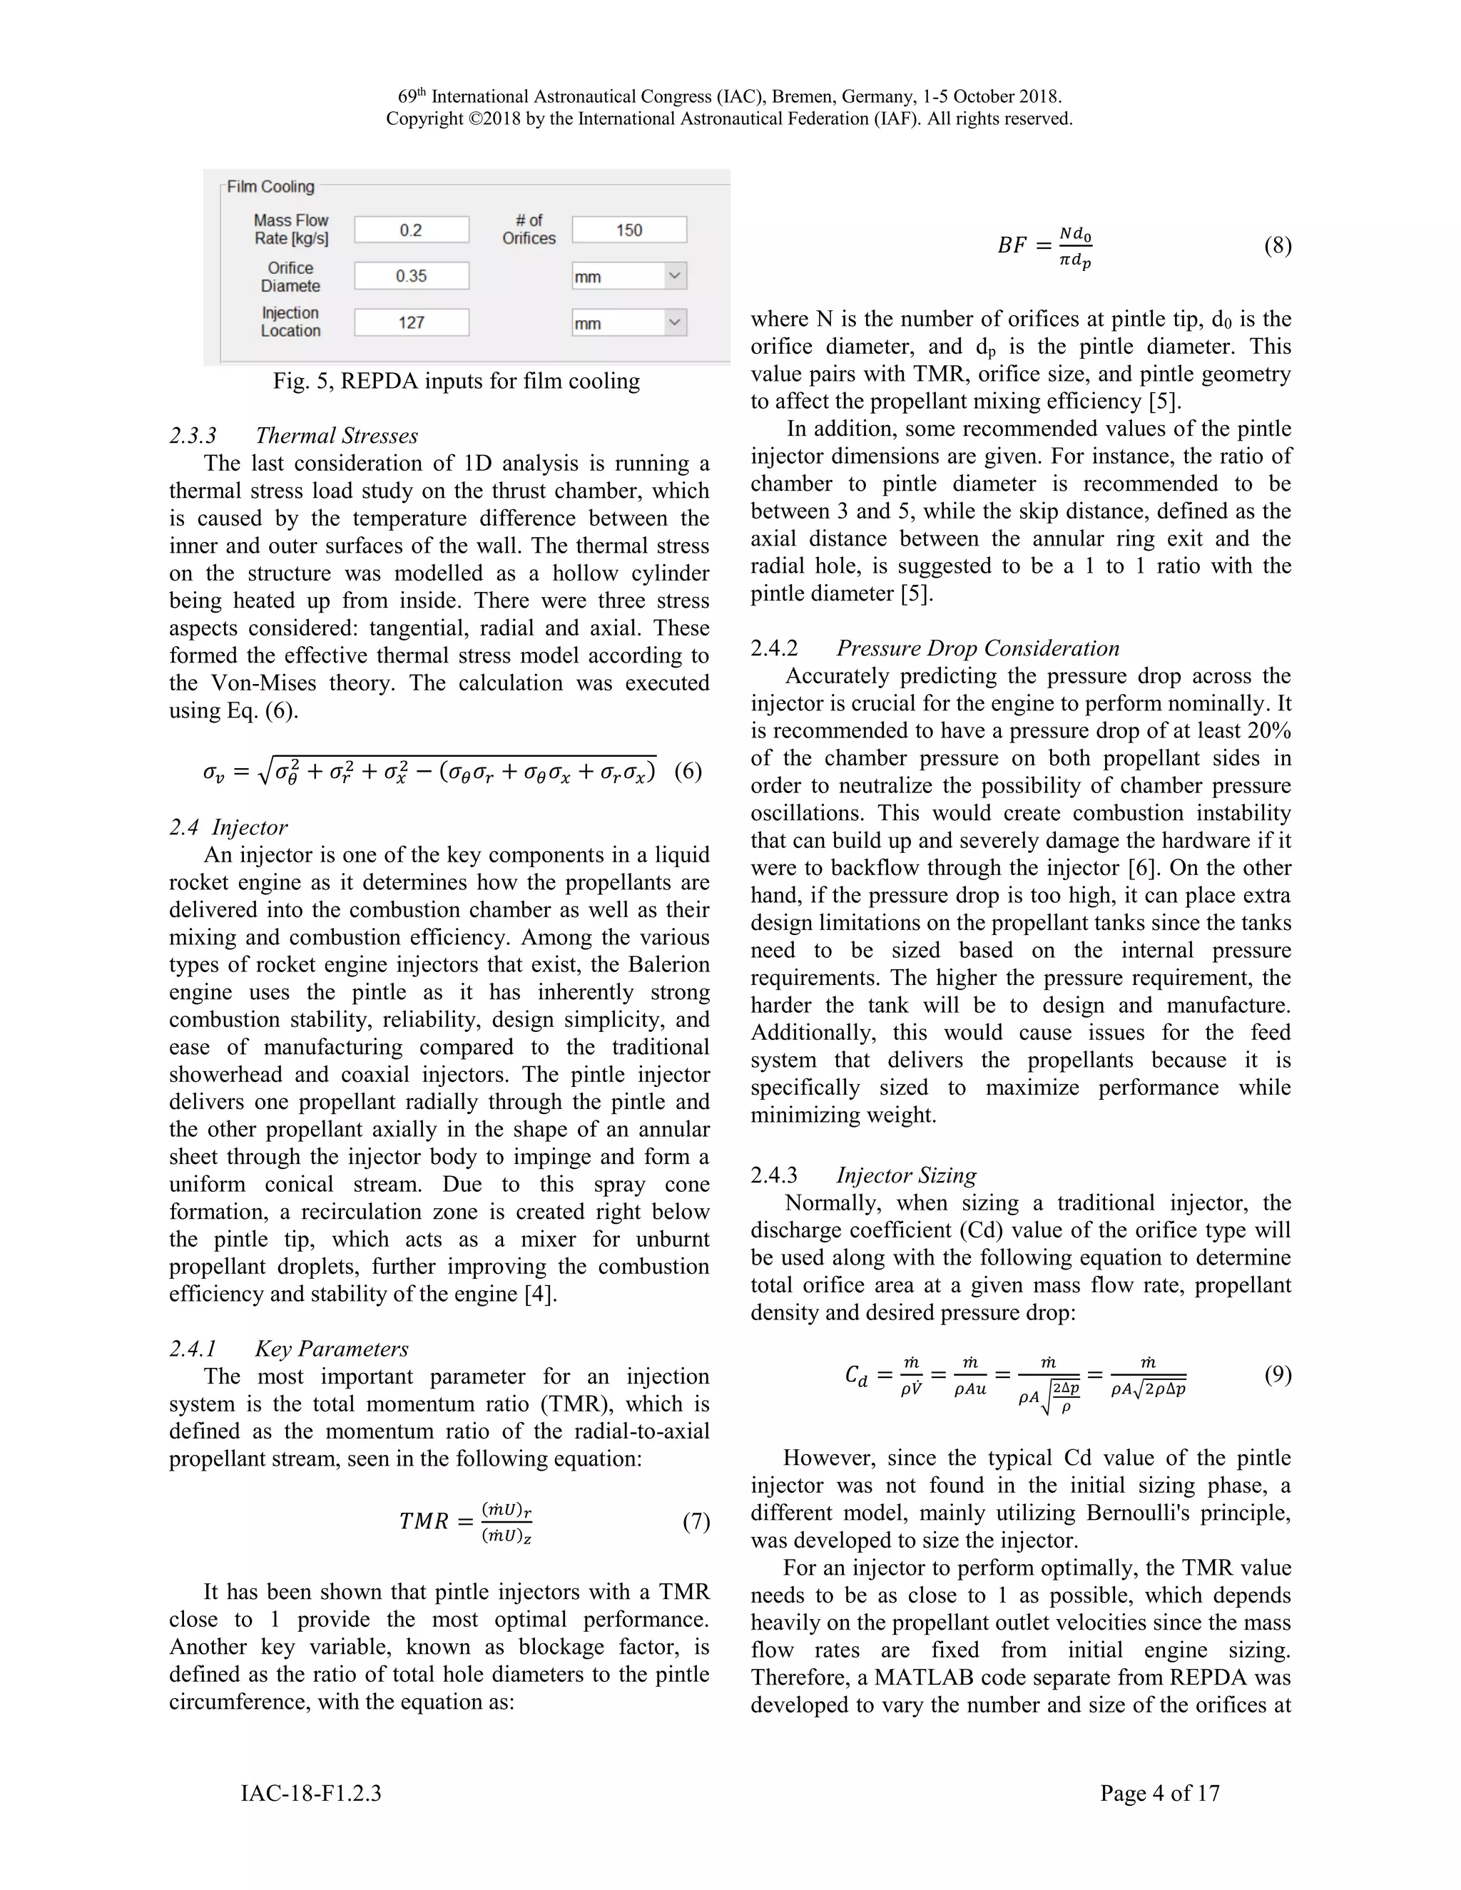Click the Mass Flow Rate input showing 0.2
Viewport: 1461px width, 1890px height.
(x=411, y=230)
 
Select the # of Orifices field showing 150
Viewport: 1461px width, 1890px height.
(x=629, y=230)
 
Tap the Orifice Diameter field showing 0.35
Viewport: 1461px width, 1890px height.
(x=411, y=276)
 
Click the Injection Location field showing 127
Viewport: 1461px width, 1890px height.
(x=411, y=323)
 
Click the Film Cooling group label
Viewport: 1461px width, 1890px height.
(x=270, y=187)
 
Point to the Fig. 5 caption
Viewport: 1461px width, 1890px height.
(x=456, y=382)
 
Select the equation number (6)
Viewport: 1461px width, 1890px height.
(x=687, y=771)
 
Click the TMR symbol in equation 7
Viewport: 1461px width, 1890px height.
(x=424, y=1521)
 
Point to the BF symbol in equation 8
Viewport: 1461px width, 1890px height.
(x=1012, y=246)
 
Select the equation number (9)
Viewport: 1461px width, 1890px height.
(x=1278, y=1374)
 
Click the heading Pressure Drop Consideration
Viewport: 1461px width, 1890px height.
(x=977, y=648)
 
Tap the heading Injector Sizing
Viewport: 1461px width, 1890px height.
(x=906, y=1175)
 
